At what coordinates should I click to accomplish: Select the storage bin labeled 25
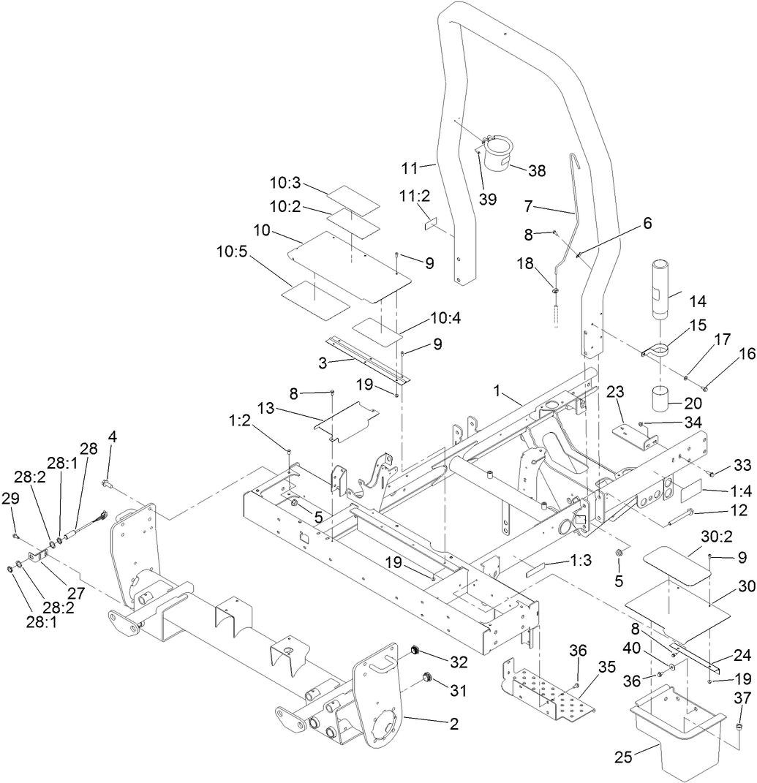(677, 738)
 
